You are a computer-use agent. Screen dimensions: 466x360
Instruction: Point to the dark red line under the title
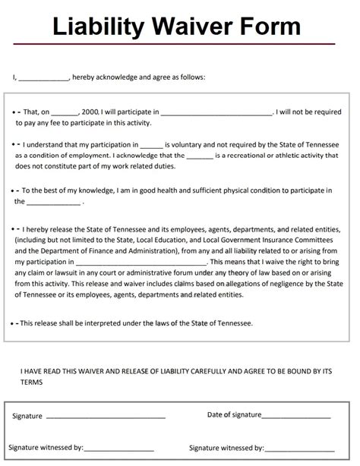pyautogui.click(x=180, y=46)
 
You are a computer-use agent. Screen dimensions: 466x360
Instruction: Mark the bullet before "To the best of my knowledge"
pyautogui.click(x=16, y=191)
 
